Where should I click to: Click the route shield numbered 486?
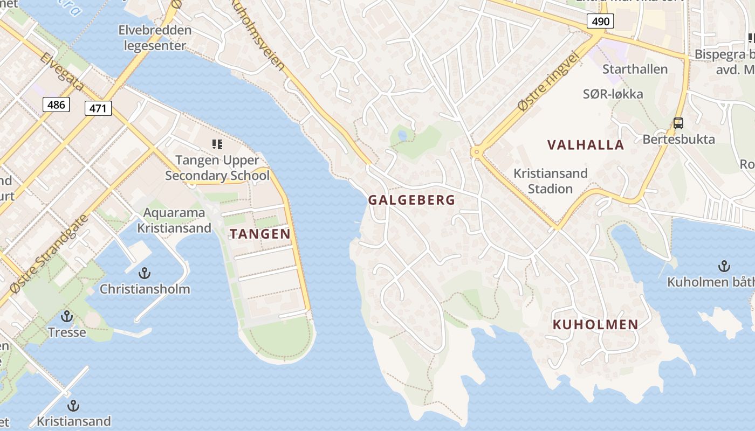coord(56,105)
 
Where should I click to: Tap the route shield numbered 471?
coord(98,108)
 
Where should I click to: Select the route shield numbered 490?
coord(600,22)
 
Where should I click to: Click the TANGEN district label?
coord(260,234)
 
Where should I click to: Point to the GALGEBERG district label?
coord(411,200)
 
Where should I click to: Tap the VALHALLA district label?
coord(586,145)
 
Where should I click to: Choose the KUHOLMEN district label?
coord(595,325)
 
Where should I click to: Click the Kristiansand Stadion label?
coord(550,181)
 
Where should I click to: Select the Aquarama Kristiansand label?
coord(174,220)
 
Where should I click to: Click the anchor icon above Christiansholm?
coord(144,273)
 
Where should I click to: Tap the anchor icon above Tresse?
coord(67,316)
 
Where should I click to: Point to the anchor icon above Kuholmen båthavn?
coord(724,266)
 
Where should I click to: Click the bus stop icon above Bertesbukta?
coord(678,123)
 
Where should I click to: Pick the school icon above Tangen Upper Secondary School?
coord(217,144)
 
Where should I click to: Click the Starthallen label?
coord(635,69)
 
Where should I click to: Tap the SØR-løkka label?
coord(613,94)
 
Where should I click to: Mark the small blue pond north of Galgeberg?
coord(402,135)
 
